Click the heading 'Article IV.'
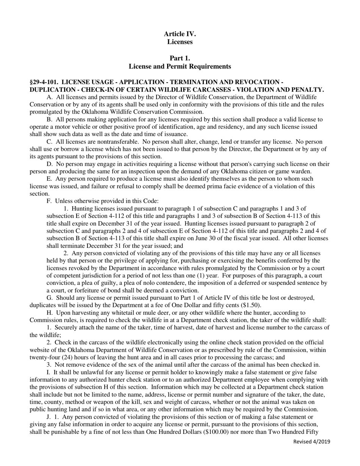click(180, 34)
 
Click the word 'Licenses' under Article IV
click(180, 42)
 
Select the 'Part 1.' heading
click(180, 58)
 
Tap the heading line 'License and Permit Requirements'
click(180, 67)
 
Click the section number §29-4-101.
click(44, 82)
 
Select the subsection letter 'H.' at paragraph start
click(49, 313)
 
